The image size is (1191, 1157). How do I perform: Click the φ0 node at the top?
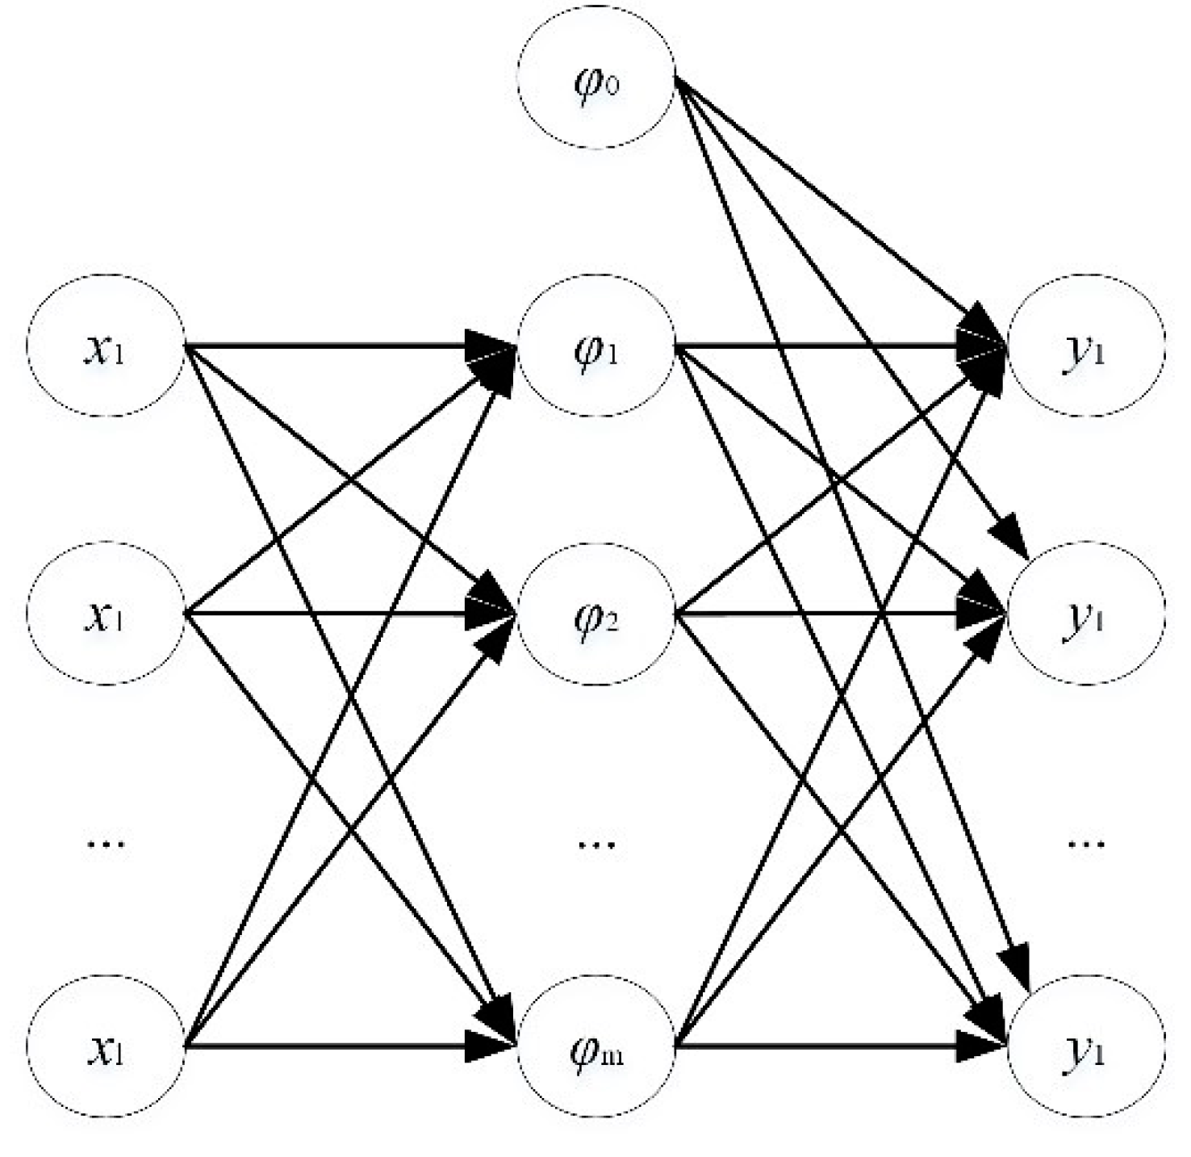click(595, 84)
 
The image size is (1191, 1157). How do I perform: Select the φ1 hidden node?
click(595, 349)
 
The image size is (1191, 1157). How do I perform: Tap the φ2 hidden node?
click(595, 615)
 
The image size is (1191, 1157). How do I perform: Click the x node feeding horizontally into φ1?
click(106, 349)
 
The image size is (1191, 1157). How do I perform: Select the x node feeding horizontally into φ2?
click(106, 615)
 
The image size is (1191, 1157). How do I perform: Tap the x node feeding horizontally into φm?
click(106, 1048)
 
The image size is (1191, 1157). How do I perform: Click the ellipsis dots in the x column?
click(106, 844)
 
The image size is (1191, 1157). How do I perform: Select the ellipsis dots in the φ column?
click(596, 844)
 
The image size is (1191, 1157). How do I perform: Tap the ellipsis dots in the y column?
click(1085, 844)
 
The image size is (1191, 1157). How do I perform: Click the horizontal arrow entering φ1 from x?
click(339, 348)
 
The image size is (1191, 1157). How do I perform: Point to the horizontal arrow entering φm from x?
click(339, 1047)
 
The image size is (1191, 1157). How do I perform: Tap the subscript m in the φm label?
click(611, 1056)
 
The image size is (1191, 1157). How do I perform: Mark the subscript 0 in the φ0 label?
click(611, 87)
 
